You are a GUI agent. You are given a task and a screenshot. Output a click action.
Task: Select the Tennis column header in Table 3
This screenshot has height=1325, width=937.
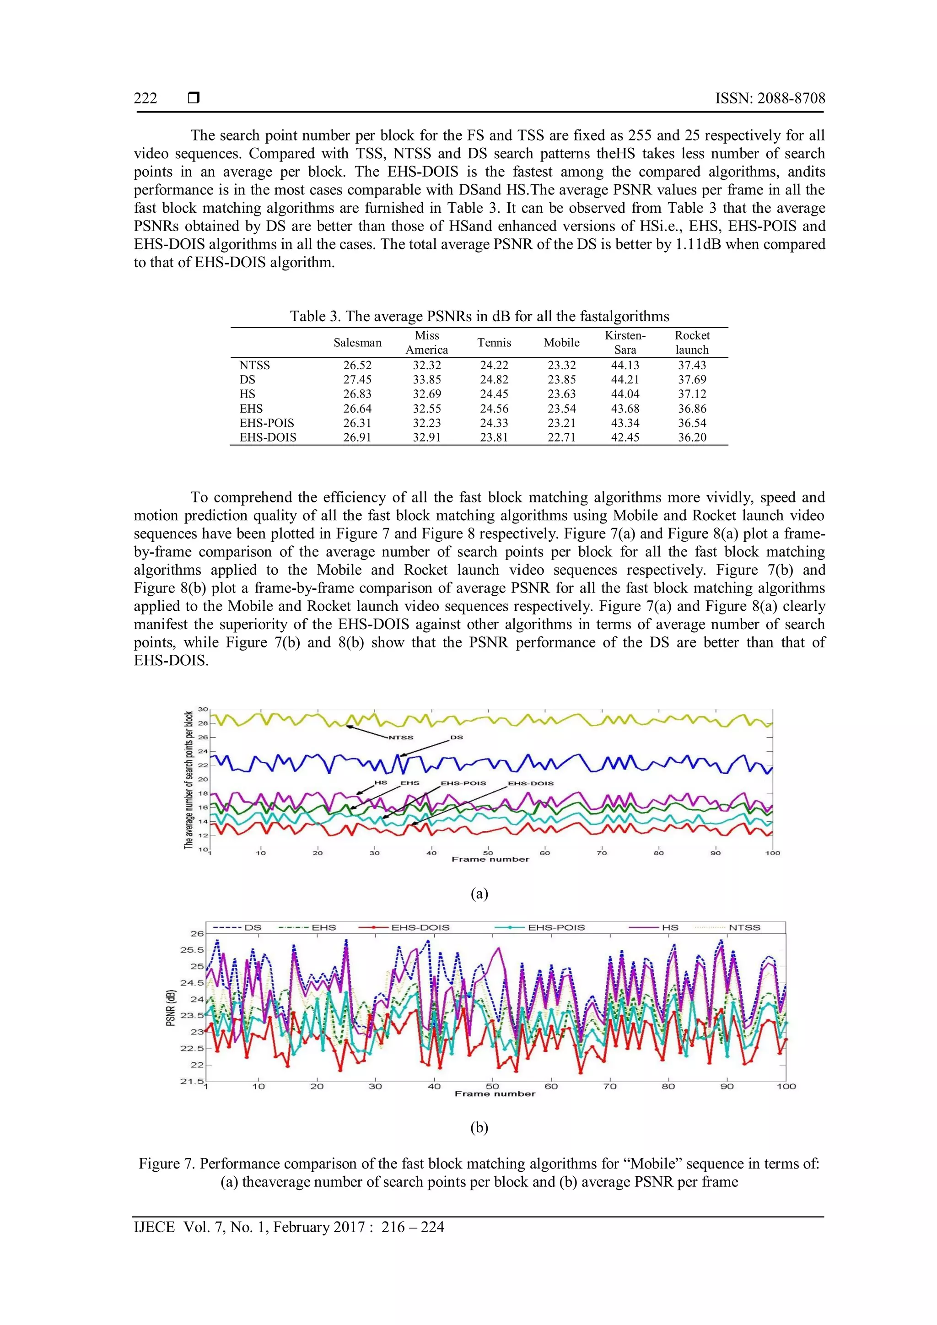tap(494, 342)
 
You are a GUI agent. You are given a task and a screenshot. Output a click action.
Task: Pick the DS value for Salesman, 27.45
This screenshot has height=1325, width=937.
tap(357, 380)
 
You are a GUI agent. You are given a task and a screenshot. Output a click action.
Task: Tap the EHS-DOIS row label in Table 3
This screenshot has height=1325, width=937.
tap(268, 437)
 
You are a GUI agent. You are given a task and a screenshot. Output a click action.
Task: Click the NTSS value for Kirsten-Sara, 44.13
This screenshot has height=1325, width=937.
tap(625, 365)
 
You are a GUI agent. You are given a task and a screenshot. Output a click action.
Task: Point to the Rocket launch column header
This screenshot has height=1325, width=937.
tap(692, 342)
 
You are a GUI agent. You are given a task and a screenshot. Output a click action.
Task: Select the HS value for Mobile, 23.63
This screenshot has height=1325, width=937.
tap(561, 394)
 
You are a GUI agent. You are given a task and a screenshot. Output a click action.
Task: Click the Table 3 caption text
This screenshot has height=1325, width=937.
tap(479, 316)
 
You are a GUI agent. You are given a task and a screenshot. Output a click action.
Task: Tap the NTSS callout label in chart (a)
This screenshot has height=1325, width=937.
tap(400, 738)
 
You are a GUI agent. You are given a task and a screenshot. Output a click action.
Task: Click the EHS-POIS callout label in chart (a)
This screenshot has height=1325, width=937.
tap(463, 783)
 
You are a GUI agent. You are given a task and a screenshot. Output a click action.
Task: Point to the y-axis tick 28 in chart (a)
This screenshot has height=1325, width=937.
tap(203, 723)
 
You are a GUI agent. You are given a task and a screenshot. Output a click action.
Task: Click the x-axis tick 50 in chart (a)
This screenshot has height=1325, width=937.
tap(488, 852)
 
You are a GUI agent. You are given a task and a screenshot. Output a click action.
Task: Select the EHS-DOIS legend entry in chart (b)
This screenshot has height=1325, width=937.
tap(420, 927)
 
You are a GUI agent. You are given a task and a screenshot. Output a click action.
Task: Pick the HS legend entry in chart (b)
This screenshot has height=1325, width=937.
tap(670, 927)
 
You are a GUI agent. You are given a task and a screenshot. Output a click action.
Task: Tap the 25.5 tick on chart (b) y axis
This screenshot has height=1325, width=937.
tap(192, 949)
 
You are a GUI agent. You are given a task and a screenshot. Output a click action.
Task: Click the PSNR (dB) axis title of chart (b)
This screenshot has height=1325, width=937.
tap(170, 1008)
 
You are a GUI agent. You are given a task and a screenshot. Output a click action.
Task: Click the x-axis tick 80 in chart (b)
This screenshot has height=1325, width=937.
tap(668, 1086)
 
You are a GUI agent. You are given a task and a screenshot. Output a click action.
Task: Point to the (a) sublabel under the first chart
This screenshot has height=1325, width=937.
tap(479, 894)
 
